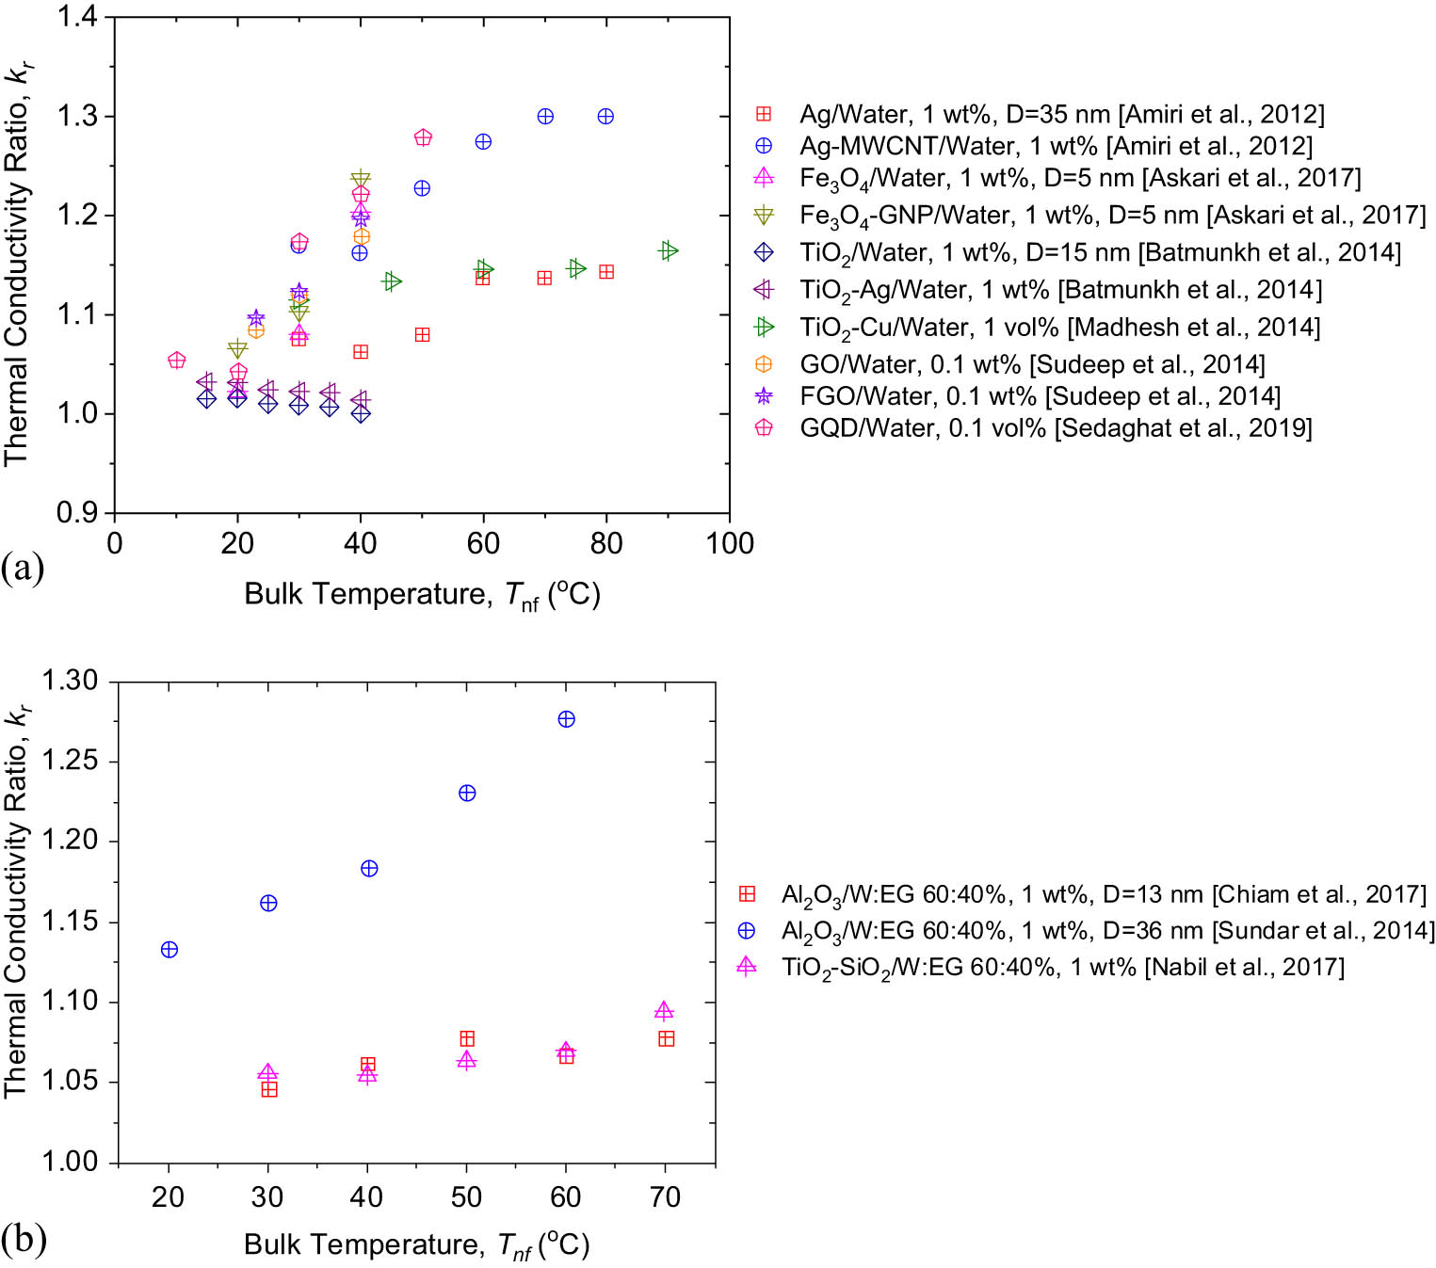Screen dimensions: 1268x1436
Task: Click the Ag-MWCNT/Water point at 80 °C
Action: click(x=605, y=117)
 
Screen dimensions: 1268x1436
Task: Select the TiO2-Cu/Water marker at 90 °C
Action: click(x=669, y=250)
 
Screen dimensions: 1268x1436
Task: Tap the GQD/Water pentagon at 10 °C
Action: click(x=176, y=361)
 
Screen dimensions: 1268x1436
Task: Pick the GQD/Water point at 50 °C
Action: click(x=423, y=137)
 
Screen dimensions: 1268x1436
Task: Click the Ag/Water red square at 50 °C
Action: click(x=422, y=335)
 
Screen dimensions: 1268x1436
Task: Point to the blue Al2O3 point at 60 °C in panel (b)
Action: click(x=566, y=719)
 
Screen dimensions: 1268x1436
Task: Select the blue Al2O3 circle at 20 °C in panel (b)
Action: click(x=169, y=950)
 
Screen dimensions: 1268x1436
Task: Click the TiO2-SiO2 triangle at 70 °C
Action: click(x=664, y=1011)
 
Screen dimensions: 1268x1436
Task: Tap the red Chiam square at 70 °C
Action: click(x=667, y=1038)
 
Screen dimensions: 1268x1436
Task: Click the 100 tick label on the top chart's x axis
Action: click(x=730, y=543)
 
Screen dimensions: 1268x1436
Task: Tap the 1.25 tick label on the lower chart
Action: click(x=70, y=762)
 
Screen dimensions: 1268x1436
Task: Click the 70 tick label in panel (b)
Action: click(x=665, y=1196)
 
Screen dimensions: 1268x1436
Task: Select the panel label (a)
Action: click(x=23, y=569)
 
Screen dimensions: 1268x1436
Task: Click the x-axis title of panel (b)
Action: click(x=416, y=1244)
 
